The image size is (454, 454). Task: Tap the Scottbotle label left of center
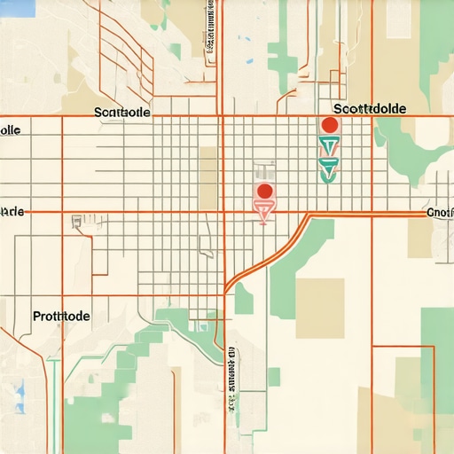[x=121, y=113]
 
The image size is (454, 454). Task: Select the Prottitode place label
[x=61, y=315]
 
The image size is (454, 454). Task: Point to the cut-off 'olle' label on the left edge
[x=11, y=129]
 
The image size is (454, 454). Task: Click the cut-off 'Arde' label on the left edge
[x=12, y=212]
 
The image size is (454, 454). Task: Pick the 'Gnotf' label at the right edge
[x=439, y=213]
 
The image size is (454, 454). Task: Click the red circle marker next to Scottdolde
[x=329, y=125]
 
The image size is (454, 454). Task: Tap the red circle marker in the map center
[x=263, y=191]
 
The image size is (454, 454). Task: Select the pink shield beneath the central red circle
[x=263, y=209]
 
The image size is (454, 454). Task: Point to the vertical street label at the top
[x=210, y=31]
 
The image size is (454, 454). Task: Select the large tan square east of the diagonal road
[x=319, y=308]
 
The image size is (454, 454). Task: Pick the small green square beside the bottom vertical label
[x=274, y=377]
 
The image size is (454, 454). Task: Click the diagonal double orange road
[x=266, y=257]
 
